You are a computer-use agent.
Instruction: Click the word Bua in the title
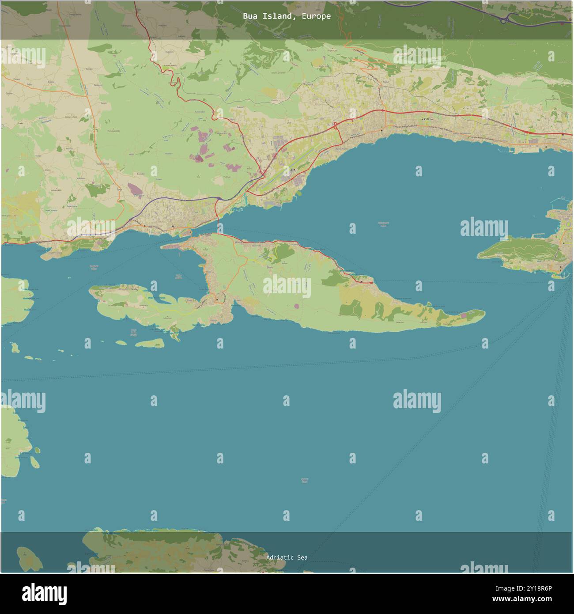tap(250, 16)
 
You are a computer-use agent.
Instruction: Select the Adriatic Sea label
tap(287, 557)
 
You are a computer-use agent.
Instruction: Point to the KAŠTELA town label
tap(427, 120)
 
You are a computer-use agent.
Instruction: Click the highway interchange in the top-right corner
tap(505, 19)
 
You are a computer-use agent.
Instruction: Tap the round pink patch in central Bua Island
tap(295, 305)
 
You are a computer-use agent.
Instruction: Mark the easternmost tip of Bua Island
tap(484, 314)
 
